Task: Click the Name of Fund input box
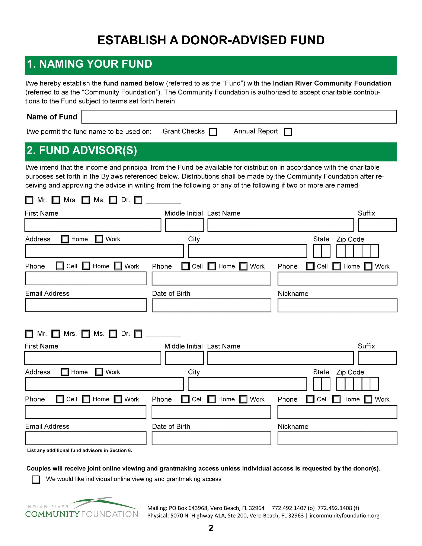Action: (x=239, y=116)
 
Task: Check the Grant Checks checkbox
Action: (x=213, y=132)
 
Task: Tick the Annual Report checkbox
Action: (x=288, y=132)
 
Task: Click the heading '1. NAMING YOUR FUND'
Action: (x=90, y=64)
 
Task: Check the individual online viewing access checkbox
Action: (x=36, y=479)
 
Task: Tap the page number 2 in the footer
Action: (x=211, y=528)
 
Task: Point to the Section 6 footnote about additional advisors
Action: (x=80, y=450)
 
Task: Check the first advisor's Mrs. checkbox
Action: (x=56, y=200)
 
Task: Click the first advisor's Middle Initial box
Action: (x=184, y=225)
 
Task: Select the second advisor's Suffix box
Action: (x=377, y=358)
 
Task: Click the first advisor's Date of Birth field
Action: (x=211, y=305)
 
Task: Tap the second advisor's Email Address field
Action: (x=86, y=438)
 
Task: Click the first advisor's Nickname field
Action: (x=337, y=305)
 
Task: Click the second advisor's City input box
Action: (x=247, y=384)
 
